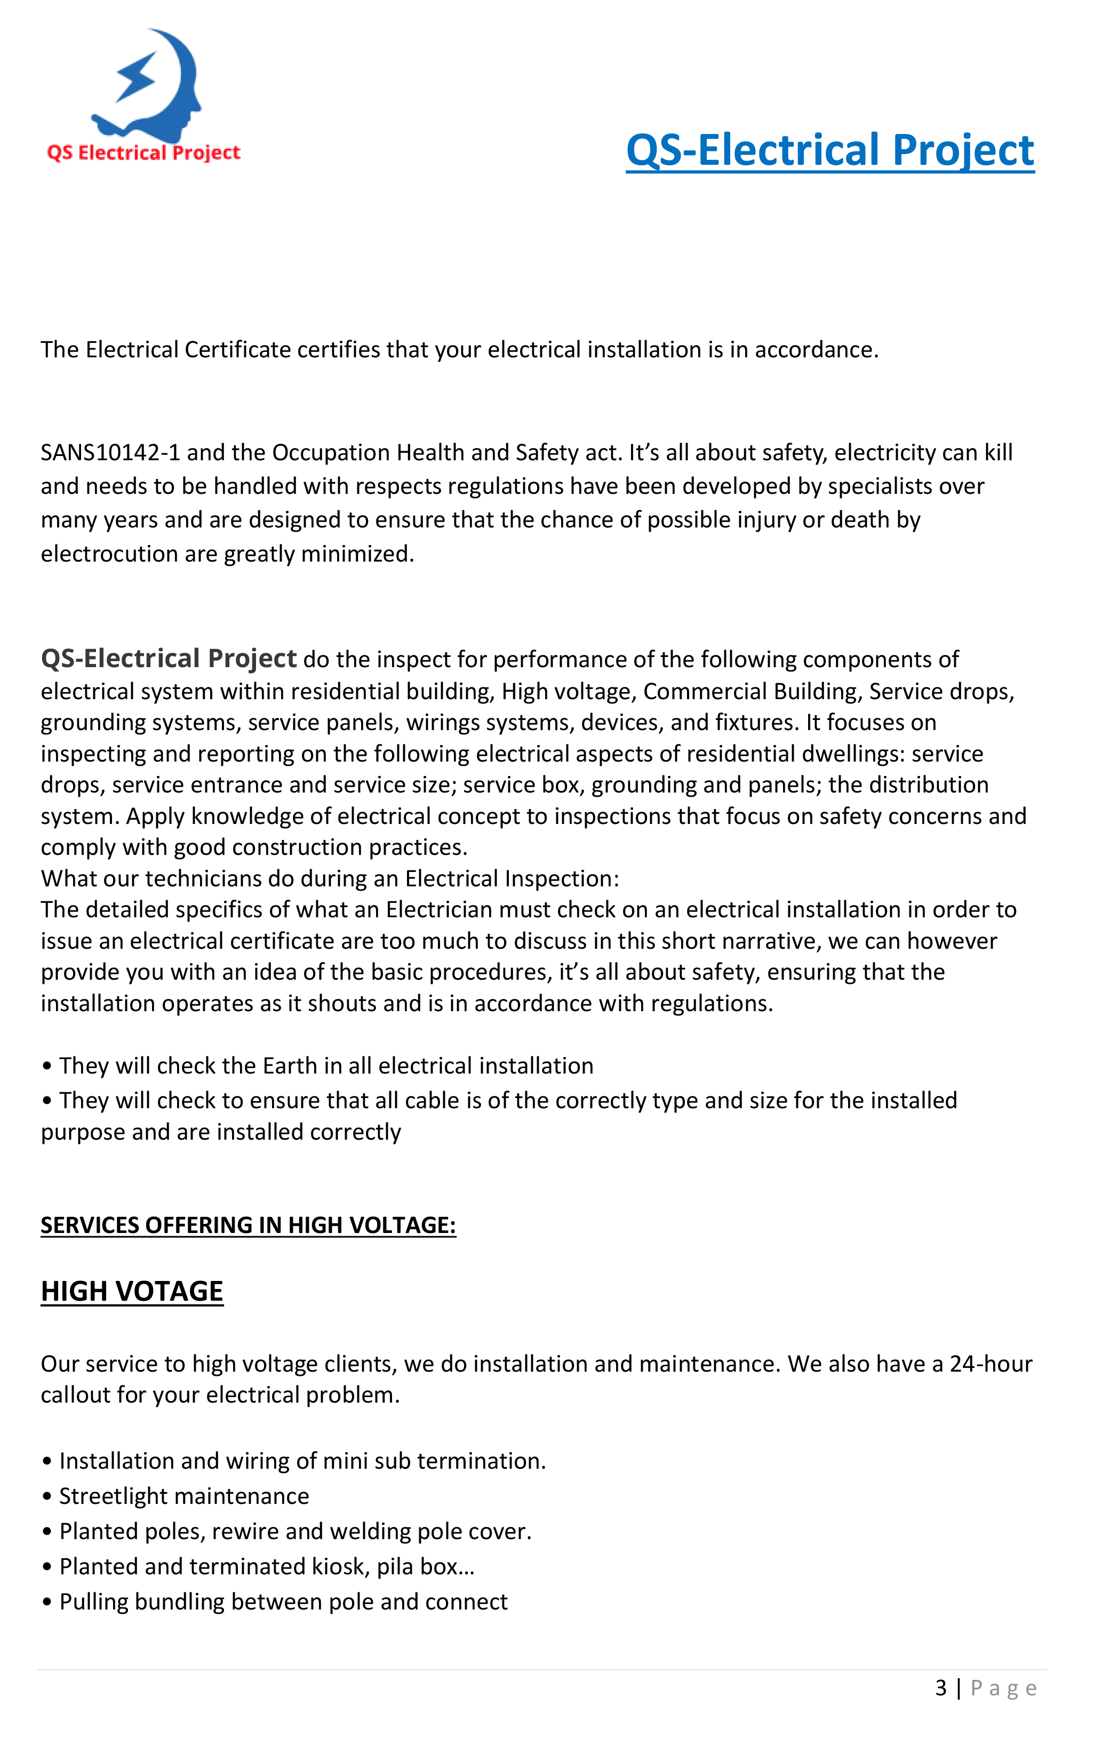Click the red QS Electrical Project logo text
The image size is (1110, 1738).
[143, 153]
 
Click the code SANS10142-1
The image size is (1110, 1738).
[110, 453]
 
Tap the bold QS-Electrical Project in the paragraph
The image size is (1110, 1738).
[168, 658]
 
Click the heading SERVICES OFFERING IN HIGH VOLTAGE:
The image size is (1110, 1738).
[248, 1225]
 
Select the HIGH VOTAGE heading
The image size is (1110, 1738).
[132, 1291]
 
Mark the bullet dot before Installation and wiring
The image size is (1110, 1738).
[47, 1462]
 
